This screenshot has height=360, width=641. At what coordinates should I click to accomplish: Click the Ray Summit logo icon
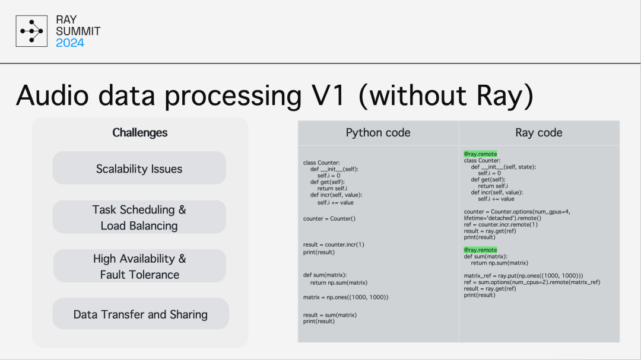[31, 31]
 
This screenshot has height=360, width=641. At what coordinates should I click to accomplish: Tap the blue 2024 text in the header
[70, 43]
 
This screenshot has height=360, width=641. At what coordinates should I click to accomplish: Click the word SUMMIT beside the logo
[78, 31]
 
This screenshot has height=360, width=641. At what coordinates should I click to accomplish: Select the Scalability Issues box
[139, 168]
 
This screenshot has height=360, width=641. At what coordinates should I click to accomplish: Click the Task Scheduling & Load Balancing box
[139, 217]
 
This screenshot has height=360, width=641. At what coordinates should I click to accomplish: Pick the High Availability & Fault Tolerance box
[139, 266]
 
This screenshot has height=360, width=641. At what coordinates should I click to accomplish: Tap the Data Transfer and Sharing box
[141, 314]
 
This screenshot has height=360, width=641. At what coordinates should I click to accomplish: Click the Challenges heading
[140, 132]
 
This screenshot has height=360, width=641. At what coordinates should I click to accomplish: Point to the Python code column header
[378, 132]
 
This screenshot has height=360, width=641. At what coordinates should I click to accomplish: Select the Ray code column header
[539, 132]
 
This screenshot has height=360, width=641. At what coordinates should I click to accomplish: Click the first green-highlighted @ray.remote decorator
[480, 154]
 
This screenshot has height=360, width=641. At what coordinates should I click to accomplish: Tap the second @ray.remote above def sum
[480, 250]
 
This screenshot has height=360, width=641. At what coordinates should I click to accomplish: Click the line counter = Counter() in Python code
[329, 219]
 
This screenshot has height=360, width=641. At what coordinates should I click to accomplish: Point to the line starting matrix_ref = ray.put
[523, 276]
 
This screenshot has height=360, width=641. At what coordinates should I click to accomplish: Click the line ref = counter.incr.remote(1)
[501, 224]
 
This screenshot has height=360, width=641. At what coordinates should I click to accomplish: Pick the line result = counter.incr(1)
[334, 244]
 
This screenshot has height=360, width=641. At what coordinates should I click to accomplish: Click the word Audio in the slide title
[52, 95]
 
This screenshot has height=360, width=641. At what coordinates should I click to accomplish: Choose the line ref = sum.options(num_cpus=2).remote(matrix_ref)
[532, 282]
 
